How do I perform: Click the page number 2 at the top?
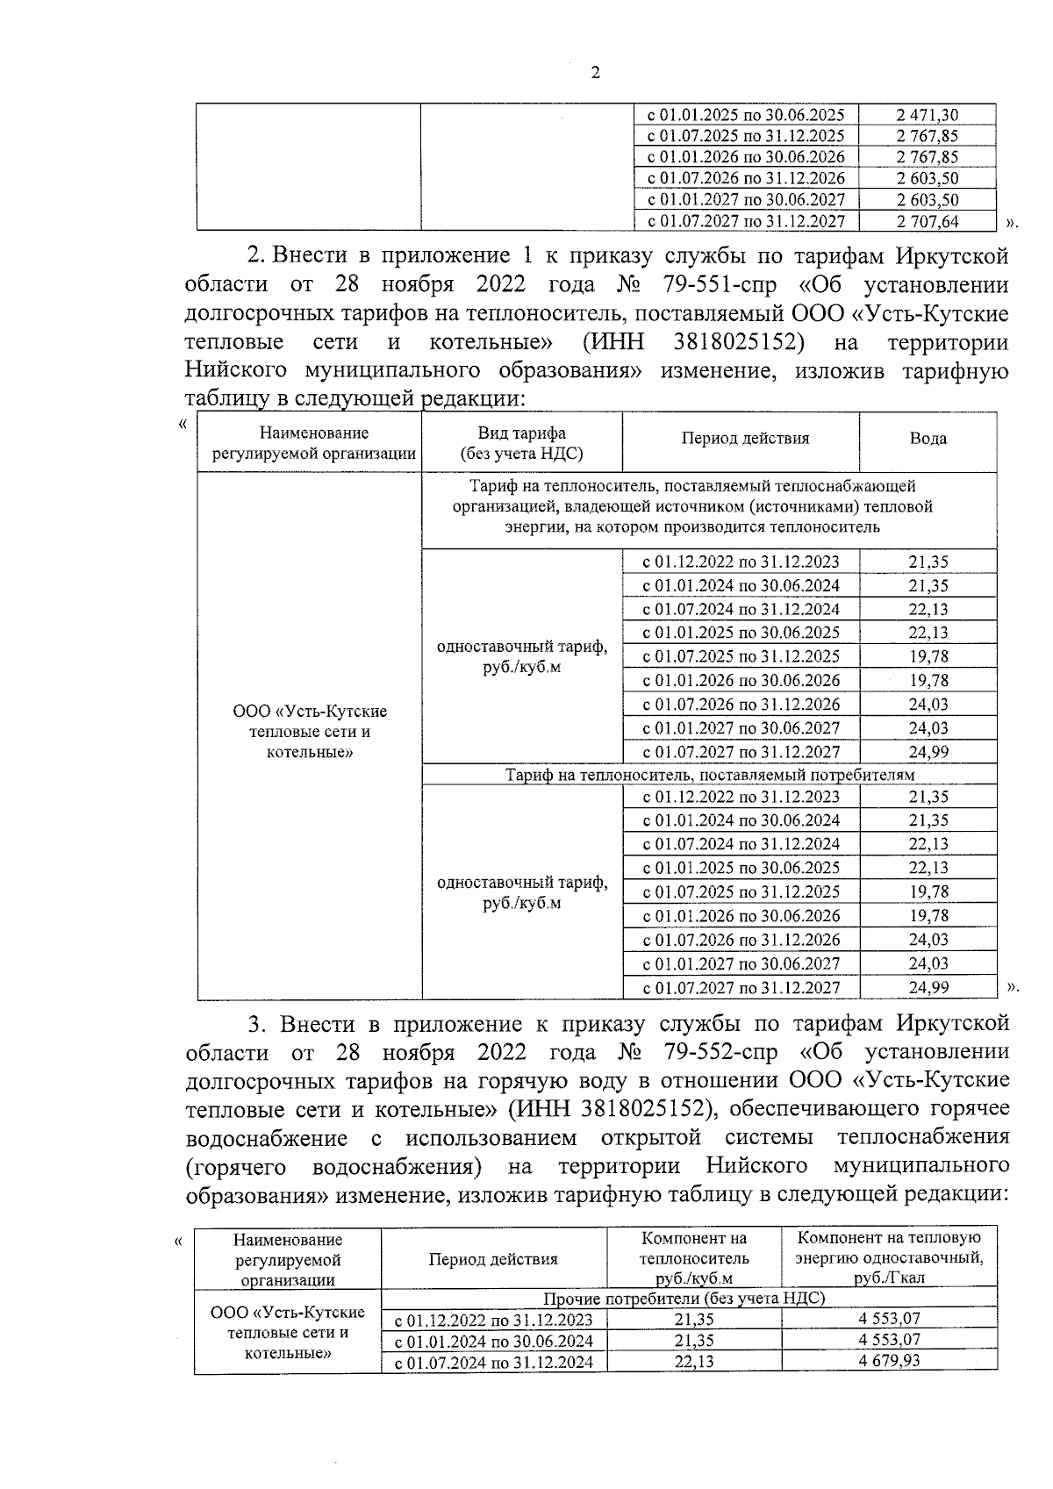pos(595,73)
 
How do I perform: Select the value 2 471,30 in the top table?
pos(927,115)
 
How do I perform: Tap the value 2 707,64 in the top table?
pos(927,222)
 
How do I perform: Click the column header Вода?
pos(928,439)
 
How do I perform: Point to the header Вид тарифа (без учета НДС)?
pos(521,443)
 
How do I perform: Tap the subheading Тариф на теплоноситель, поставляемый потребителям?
pos(709,775)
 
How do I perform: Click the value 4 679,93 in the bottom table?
pos(889,1361)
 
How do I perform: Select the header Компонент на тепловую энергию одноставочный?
pos(889,1257)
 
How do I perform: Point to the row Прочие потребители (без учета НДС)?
pos(684,1298)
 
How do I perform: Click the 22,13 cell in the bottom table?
pos(693,1361)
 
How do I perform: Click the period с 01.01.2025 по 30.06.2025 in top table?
pos(745,115)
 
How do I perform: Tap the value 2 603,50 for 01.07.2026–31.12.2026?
pos(927,179)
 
